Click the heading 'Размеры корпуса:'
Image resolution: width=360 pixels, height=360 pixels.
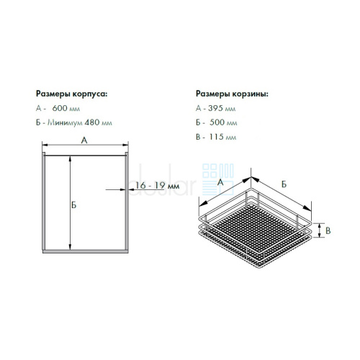point(72,94)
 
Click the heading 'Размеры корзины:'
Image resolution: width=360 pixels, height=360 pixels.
point(232,94)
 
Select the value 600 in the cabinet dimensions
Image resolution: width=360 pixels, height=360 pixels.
point(60,108)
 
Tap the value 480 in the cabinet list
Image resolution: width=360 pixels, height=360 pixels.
point(92,122)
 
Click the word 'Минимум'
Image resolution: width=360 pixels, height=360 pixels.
point(65,122)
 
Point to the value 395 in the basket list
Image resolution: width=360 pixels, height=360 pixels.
point(216,108)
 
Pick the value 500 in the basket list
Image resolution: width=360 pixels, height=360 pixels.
point(217,122)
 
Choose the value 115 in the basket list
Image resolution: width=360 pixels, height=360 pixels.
point(216,137)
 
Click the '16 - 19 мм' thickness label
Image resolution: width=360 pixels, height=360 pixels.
point(158,186)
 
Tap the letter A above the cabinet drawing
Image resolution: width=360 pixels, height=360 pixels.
point(84,140)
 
